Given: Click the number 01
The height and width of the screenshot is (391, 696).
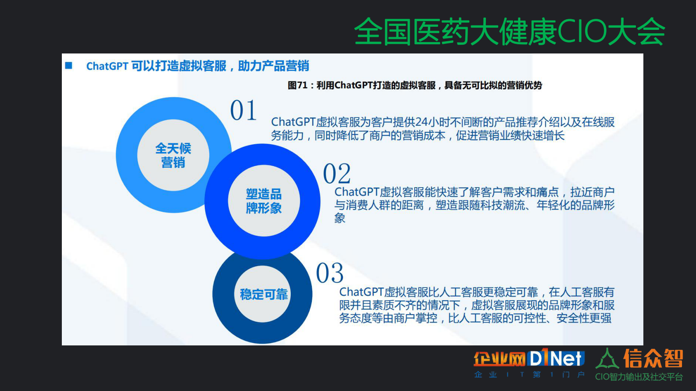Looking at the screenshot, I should tap(243, 110).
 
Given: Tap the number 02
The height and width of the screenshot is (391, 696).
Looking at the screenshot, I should tap(337, 174).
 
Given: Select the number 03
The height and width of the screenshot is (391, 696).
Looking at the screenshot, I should tap(330, 273).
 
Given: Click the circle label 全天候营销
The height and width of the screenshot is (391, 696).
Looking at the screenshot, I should tap(173, 155).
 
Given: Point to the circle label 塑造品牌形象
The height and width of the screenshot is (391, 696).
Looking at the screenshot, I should tap(264, 201).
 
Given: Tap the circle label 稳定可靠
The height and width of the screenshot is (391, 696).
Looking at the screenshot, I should tap(264, 294).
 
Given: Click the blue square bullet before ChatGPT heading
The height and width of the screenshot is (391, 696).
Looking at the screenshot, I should tap(69, 66).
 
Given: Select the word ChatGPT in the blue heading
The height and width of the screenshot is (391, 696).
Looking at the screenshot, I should tap(107, 66).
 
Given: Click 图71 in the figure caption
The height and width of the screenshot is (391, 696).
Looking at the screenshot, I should tap(297, 85).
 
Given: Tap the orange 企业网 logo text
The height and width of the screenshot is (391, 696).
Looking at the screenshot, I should tap(500, 359).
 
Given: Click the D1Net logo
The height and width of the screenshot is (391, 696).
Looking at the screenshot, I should tap(557, 359).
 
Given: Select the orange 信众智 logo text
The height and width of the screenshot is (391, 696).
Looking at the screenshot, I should tap(653, 359).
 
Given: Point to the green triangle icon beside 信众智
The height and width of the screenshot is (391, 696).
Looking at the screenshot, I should tap(607, 359).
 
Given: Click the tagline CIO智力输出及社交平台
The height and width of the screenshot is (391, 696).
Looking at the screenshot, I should tap(639, 377).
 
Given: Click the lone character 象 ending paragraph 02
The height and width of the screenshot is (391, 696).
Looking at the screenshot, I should tap(340, 218).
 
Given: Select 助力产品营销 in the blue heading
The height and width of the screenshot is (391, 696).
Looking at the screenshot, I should tap(274, 66).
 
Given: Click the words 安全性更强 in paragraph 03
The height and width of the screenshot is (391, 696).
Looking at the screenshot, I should tap(584, 318).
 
